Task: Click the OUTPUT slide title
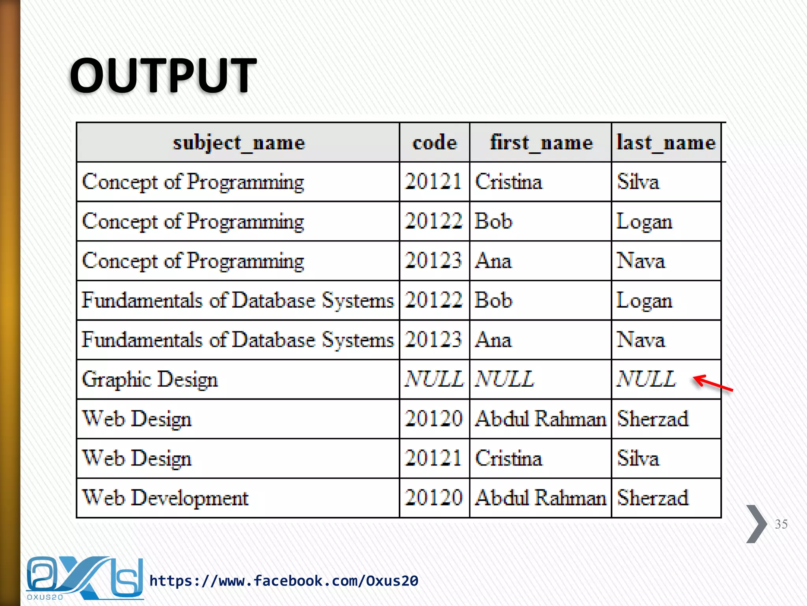tap(163, 75)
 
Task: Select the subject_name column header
tap(239, 142)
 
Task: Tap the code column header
tap(435, 142)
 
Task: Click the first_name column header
tap(541, 142)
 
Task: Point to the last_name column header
tap(666, 142)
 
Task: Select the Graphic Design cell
tap(150, 380)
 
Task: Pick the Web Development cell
tap(165, 498)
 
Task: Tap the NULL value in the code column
tap(434, 379)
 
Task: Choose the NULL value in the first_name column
tap(504, 379)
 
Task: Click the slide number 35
tap(781, 524)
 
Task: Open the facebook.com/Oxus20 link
tap(284, 581)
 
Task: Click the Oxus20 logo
tap(84, 578)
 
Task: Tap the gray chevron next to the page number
tap(756, 524)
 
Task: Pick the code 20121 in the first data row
tap(433, 182)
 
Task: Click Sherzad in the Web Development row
tap(653, 498)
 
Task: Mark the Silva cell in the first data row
tap(638, 182)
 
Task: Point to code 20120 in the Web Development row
tap(433, 498)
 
